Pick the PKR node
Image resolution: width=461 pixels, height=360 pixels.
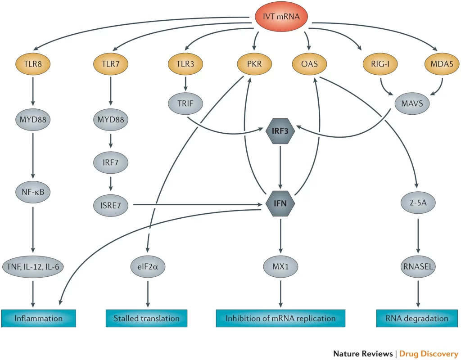click(x=255, y=63)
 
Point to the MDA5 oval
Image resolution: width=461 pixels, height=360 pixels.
click(x=442, y=63)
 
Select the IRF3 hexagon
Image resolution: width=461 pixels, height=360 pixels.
click(x=281, y=131)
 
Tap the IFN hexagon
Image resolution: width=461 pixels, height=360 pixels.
click(x=281, y=205)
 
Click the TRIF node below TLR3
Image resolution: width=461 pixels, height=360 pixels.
click(x=185, y=103)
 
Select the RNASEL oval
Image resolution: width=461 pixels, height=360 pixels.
click(x=417, y=266)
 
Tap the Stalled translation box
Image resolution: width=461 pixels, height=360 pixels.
click(x=146, y=318)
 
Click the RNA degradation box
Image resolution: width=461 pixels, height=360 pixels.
click(x=417, y=318)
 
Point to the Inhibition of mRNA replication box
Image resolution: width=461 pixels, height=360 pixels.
click(x=281, y=318)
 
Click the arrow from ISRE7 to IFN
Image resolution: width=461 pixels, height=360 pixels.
click(x=198, y=205)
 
